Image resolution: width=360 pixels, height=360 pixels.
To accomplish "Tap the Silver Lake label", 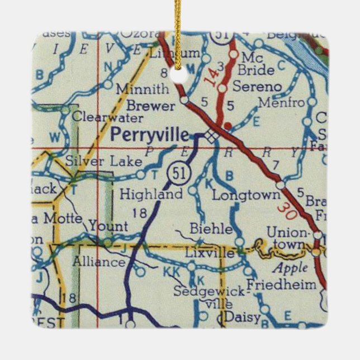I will click(x=103, y=161).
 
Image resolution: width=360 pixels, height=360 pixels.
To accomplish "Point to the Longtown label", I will click(x=246, y=195).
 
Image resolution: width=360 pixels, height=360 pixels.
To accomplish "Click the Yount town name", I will click(x=108, y=226).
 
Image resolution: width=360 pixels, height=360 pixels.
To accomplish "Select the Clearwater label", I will click(x=107, y=118).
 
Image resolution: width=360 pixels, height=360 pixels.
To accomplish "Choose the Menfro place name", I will click(x=281, y=103).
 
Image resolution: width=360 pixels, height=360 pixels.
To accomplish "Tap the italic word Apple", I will click(x=290, y=268).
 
